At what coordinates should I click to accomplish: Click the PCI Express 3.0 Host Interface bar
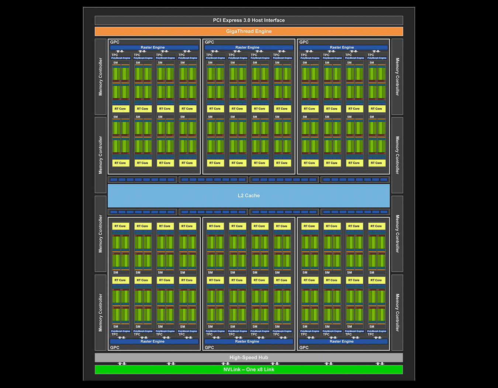(x=249, y=20)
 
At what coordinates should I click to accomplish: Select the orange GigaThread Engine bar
(x=249, y=31)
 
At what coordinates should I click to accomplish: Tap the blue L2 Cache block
(x=249, y=195)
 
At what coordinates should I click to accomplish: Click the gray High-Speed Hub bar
(x=249, y=357)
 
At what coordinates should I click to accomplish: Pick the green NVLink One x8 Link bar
(x=249, y=370)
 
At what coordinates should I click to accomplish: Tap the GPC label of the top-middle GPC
(x=210, y=42)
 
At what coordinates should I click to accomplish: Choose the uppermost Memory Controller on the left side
(x=100, y=76)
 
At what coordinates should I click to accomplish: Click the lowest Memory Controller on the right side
(x=397, y=313)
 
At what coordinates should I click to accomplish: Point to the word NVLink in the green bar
(x=232, y=370)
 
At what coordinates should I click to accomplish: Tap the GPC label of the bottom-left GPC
(x=115, y=347)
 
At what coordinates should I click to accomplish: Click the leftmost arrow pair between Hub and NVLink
(x=122, y=364)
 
